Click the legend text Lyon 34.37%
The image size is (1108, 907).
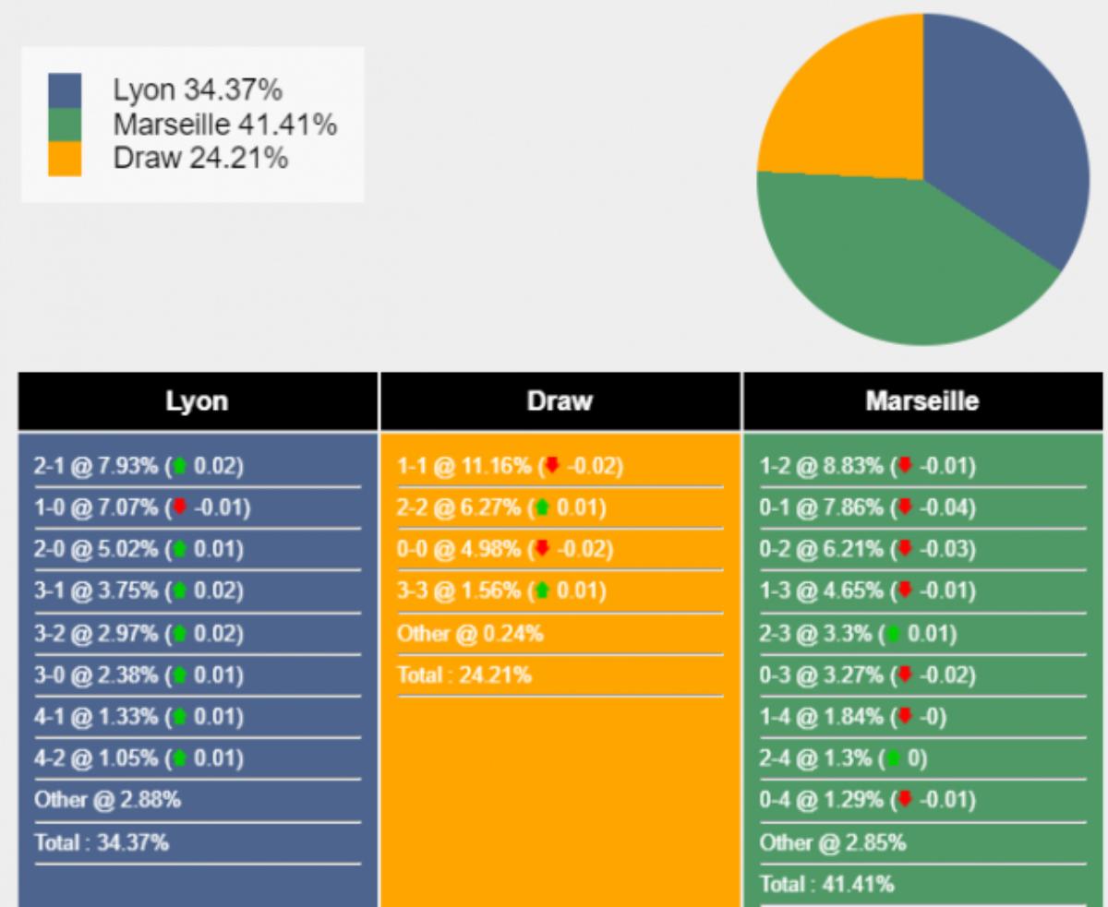[x=197, y=90]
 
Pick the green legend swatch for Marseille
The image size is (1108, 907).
[x=65, y=125]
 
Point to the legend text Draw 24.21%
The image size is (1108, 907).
[x=199, y=159]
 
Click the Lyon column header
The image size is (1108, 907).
[x=197, y=401]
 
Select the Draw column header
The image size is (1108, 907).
[x=560, y=401]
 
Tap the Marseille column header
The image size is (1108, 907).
[x=923, y=401]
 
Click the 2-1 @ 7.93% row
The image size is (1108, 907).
[x=138, y=467]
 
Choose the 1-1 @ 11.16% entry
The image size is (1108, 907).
[x=510, y=467]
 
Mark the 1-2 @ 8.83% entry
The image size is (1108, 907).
[x=867, y=467]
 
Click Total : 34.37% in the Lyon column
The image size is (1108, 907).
[x=102, y=842]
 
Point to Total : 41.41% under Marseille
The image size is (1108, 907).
[x=826, y=884]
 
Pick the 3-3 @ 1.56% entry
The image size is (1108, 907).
[x=501, y=591]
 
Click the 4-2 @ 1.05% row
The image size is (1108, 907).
[x=138, y=758]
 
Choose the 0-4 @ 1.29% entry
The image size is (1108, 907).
[x=867, y=800]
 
